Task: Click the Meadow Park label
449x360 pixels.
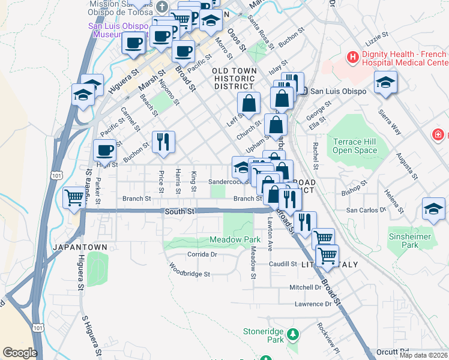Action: (x=231, y=239)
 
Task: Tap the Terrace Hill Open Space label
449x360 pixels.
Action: (x=355, y=146)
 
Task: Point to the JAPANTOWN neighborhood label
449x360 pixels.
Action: (x=80, y=247)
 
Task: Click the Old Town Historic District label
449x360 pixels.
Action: (x=235, y=79)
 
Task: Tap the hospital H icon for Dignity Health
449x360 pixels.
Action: (x=352, y=58)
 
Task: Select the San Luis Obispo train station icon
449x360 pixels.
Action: (x=304, y=91)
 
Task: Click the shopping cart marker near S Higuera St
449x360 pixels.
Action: (x=74, y=197)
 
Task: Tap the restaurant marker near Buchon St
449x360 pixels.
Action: (x=163, y=142)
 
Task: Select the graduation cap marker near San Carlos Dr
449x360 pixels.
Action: (x=433, y=208)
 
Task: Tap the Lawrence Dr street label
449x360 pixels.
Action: (x=313, y=304)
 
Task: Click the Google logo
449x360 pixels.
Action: (x=20, y=353)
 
